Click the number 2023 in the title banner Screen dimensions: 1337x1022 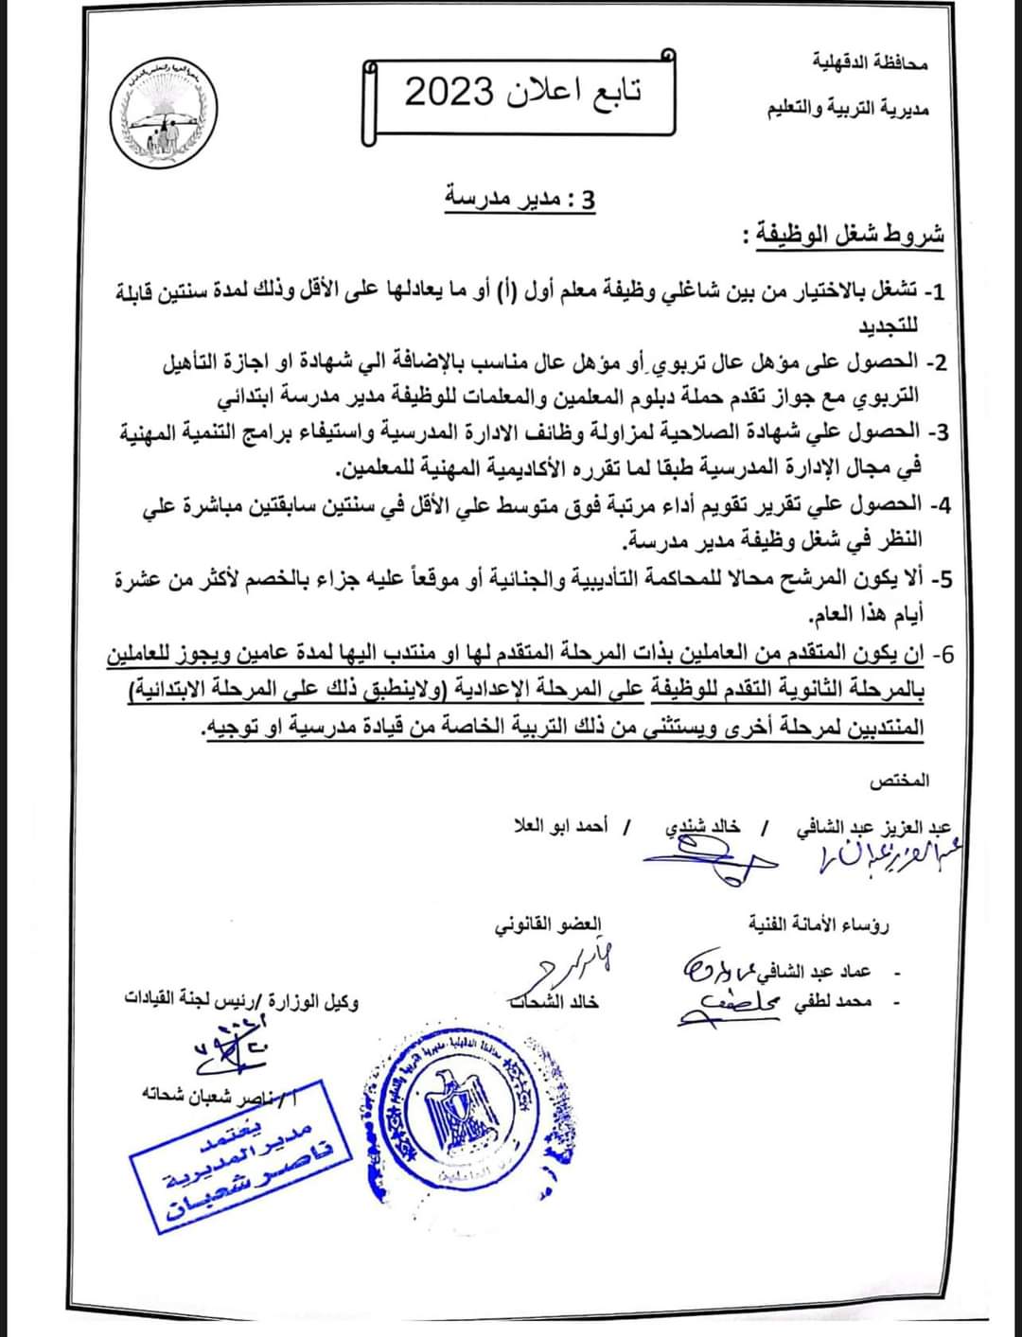click(x=449, y=94)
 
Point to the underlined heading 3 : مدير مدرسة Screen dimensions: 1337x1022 click(x=521, y=200)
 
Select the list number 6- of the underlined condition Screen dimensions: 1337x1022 click(x=943, y=654)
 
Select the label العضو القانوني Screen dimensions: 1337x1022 click(x=548, y=925)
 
